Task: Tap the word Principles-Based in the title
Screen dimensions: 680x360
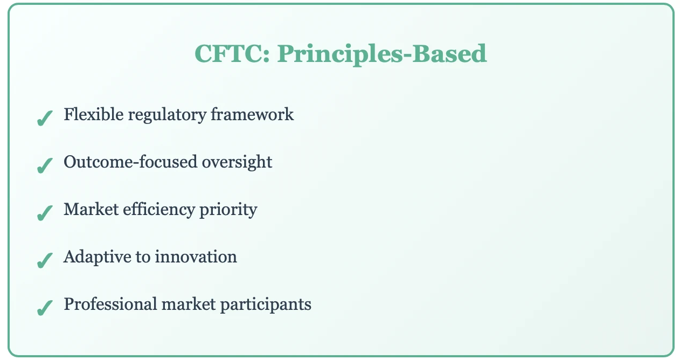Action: [382, 54]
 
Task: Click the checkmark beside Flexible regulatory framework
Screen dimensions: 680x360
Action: [45, 118]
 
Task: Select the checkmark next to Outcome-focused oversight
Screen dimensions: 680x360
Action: [45, 165]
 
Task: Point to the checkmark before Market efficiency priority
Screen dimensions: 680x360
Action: [45, 213]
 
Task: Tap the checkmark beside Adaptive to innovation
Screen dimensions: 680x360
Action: [45, 260]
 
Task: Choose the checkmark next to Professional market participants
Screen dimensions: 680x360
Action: [45, 308]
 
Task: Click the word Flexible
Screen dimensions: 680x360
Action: [94, 114]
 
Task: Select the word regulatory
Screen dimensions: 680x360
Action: [167, 116]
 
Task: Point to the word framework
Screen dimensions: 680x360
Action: [252, 114]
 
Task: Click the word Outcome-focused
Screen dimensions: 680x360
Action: [130, 162]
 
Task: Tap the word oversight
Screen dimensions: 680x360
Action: [237, 163]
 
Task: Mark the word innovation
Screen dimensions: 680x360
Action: [196, 257]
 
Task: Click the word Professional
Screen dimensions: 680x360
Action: [110, 304]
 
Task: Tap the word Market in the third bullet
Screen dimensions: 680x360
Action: [91, 210]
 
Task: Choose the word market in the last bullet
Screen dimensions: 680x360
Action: [189, 304]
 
